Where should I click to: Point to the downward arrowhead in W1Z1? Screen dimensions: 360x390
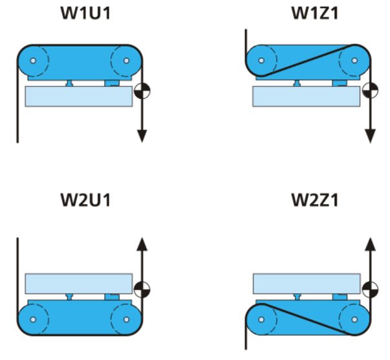point(370,135)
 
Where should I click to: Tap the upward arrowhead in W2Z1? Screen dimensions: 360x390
point(370,243)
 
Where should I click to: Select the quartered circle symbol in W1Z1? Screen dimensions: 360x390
point(370,91)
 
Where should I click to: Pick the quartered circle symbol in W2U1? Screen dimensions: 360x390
point(142,289)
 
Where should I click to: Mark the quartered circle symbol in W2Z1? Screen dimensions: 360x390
point(370,289)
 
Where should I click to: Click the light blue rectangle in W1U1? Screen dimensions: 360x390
point(78,96)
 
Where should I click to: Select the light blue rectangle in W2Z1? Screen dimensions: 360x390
point(307,284)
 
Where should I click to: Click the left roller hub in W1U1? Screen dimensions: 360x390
point(32,62)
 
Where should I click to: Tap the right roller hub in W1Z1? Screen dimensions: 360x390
point(354,61)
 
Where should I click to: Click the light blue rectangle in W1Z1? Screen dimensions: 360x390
point(306,96)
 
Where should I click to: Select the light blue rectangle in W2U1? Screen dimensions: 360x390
point(78,284)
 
